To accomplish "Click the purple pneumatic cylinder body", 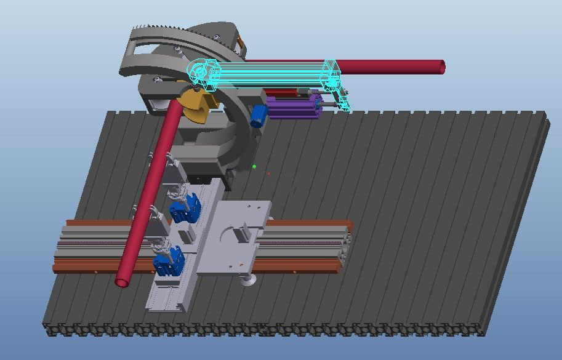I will (295, 109).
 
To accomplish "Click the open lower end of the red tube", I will (122, 281).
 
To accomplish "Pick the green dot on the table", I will (254, 167).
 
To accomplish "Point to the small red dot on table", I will (269, 174).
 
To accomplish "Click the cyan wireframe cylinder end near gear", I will (201, 73).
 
